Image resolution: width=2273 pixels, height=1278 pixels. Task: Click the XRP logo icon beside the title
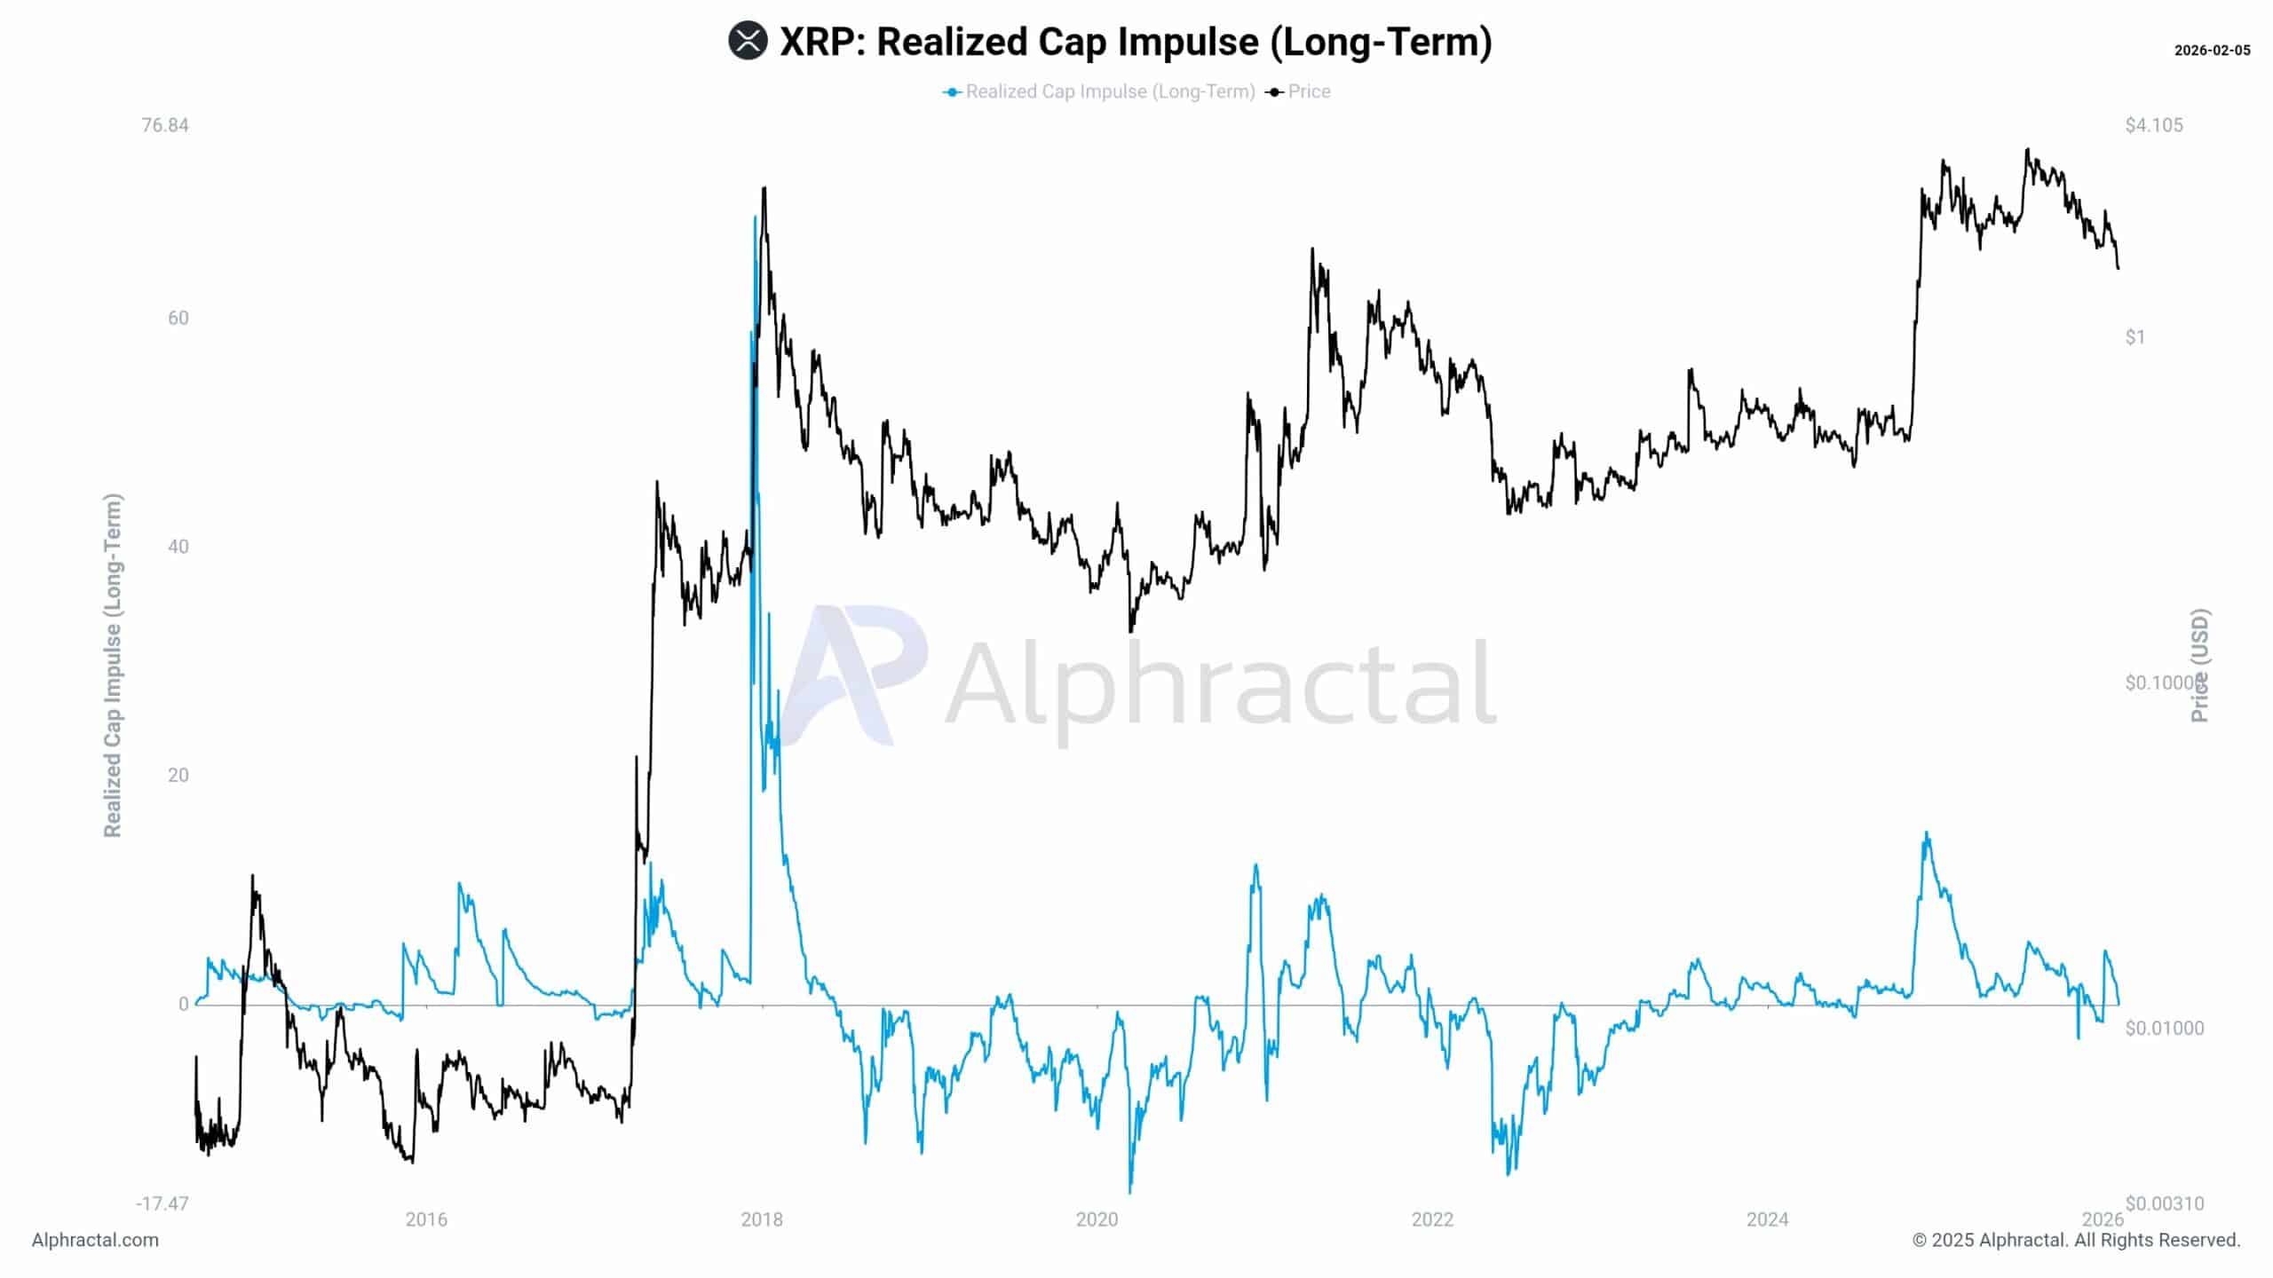(748, 42)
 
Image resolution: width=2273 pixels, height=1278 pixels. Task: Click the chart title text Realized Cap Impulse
(1136, 42)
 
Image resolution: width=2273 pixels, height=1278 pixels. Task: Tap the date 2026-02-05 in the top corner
(2212, 51)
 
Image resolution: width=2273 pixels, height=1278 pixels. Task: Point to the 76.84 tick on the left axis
(165, 125)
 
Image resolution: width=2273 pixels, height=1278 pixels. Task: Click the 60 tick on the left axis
(178, 318)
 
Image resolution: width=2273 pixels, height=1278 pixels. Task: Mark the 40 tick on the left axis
(178, 547)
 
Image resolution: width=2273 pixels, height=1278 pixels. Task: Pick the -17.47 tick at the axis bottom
(162, 1203)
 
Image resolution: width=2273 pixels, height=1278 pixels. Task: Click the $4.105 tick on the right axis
(2154, 125)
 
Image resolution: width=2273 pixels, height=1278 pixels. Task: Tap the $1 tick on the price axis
(2135, 336)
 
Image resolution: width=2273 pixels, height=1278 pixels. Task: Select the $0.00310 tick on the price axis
(2165, 1203)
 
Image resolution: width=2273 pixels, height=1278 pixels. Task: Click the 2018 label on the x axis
(762, 1219)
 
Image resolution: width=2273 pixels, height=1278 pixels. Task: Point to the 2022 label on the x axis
(1432, 1219)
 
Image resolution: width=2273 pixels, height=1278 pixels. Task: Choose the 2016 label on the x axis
(426, 1219)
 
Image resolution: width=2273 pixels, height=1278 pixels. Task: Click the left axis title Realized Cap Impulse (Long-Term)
(112, 666)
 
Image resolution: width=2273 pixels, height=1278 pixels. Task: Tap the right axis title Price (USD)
(2200, 666)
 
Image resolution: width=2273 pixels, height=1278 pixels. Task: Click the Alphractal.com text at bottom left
(95, 1240)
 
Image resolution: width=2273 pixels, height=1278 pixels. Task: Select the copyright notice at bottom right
(2076, 1240)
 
